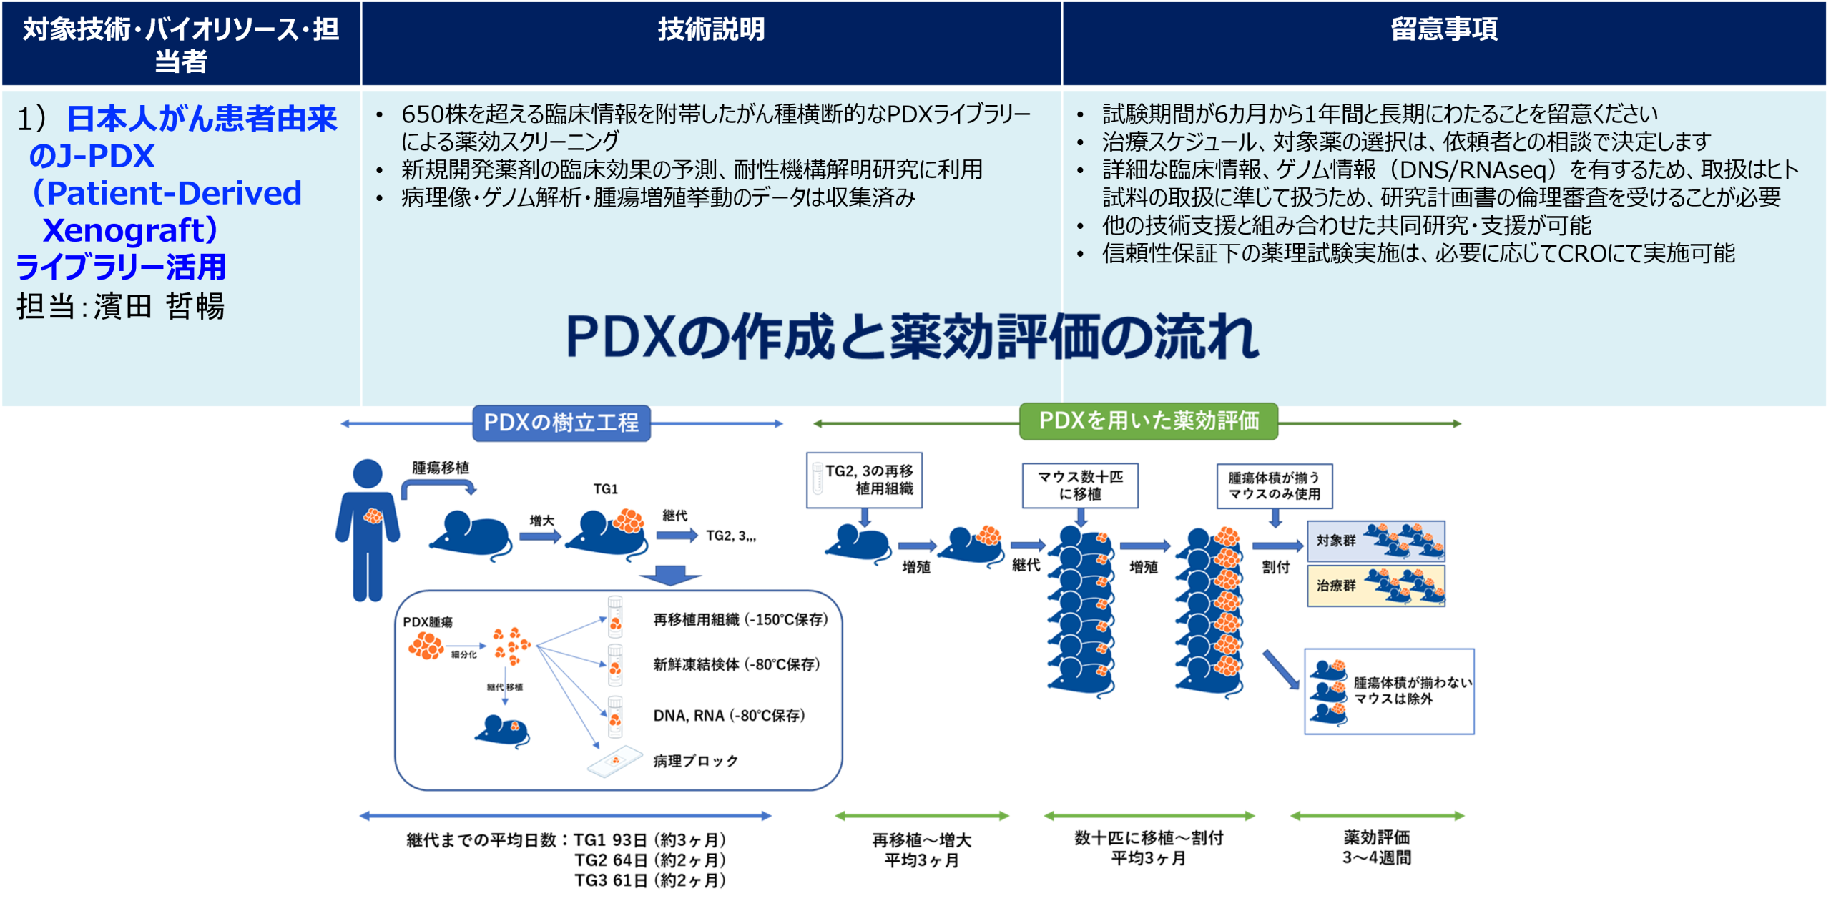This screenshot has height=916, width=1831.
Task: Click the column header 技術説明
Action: (x=711, y=30)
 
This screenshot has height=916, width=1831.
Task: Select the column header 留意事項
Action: (x=1443, y=30)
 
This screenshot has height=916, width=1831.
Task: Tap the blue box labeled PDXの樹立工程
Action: (x=561, y=423)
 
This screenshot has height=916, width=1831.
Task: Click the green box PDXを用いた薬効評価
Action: (x=1148, y=420)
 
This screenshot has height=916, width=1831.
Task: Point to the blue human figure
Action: (x=368, y=529)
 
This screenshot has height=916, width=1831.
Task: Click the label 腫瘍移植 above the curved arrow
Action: (x=441, y=468)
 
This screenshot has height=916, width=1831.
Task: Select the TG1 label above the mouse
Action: (x=605, y=489)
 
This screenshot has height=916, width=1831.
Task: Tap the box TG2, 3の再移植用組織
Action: (x=864, y=480)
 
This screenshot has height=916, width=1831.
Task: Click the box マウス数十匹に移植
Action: (x=1080, y=486)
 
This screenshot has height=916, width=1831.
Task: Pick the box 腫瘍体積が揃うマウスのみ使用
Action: (x=1274, y=486)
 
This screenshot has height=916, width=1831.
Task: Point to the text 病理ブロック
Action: (x=695, y=761)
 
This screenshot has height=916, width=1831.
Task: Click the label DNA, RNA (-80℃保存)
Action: (x=729, y=716)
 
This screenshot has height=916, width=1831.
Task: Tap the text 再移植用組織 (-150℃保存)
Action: (x=740, y=619)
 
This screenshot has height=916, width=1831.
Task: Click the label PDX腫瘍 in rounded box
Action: (x=428, y=622)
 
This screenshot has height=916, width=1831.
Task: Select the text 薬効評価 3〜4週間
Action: (x=1377, y=847)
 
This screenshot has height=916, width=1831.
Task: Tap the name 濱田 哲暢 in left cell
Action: (x=159, y=307)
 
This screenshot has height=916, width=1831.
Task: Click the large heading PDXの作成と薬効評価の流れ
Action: (x=911, y=336)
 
